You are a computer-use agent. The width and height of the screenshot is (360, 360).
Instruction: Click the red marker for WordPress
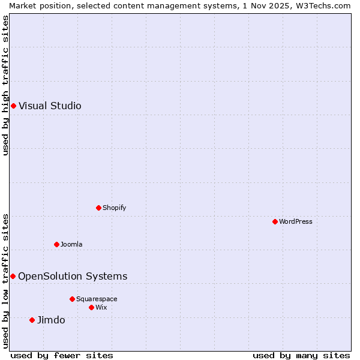[275, 221]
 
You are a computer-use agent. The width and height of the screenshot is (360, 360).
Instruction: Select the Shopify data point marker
[98, 208]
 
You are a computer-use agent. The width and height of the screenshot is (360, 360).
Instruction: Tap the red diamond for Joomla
[56, 244]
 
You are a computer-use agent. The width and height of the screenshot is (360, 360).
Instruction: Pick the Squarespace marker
[72, 299]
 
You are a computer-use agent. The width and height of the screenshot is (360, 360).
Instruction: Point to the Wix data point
[91, 307]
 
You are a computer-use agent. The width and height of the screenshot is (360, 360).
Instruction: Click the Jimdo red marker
[32, 320]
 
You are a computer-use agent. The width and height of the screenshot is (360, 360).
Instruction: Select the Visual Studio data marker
[13, 106]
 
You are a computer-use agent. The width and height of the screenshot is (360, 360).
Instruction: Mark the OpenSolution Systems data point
[13, 276]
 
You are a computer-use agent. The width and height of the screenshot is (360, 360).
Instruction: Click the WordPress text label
[296, 221]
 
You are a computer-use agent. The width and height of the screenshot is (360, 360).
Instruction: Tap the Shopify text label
[115, 208]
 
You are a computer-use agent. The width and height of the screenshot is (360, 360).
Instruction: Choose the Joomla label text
[71, 244]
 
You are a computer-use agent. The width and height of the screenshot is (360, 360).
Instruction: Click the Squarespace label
[97, 299]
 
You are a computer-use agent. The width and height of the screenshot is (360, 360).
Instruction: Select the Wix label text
[101, 307]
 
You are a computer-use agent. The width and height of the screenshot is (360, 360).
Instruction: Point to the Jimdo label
[51, 320]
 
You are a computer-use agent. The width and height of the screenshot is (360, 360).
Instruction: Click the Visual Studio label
[50, 106]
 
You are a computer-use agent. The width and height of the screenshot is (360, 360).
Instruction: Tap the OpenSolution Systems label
[73, 276]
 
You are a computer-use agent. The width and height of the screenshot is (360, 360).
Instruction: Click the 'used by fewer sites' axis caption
[62, 355]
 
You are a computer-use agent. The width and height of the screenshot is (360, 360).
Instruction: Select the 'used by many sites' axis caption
[301, 355]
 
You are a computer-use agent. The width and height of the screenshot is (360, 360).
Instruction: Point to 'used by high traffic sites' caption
[5, 85]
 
